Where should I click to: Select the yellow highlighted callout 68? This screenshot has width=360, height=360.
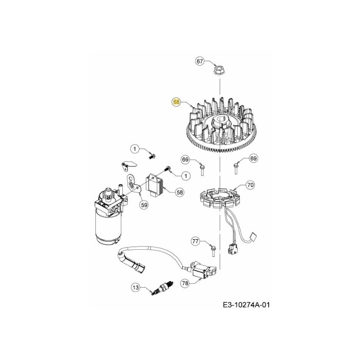(x=176, y=102)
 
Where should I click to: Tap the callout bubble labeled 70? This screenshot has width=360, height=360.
(x=251, y=184)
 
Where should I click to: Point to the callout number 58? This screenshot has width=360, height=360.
(x=180, y=192)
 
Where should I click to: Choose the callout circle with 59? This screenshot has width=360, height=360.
(x=144, y=205)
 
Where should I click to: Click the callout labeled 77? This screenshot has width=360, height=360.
(x=195, y=242)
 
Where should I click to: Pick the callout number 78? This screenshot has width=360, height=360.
(x=185, y=283)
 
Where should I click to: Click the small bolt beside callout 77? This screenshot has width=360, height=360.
(x=211, y=246)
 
